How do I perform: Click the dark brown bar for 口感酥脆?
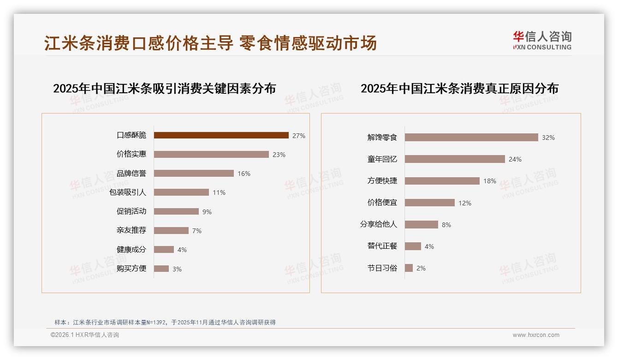pyautogui.click(x=221, y=135)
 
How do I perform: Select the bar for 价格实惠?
pyautogui.click(x=211, y=154)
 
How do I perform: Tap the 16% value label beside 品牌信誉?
pyautogui.click(x=244, y=174)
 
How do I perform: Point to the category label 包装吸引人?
pyautogui.click(x=128, y=192)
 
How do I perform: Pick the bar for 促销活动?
pyautogui.click(x=176, y=211)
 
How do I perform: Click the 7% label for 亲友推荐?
pyautogui.click(x=197, y=231)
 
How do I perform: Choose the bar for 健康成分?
pyautogui.click(x=164, y=250)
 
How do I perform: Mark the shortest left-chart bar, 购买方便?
pyautogui.click(x=161, y=269)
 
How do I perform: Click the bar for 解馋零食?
pyautogui.click(x=471, y=138)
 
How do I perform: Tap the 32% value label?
pyautogui.click(x=548, y=138)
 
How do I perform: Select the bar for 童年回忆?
pyautogui.click(x=455, y=159)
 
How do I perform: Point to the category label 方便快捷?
pyautogui.click(x=382, y=180)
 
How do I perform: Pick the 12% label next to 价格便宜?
pyautogui.click(x=465, y=203)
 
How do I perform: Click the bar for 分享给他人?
pyautogui.click(x=422, y=225)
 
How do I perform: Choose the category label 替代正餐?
pyautogui.click(x=382, y=246)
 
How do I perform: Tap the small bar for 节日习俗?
pyautogui.click(x=409, y=268)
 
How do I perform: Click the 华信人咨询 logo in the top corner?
pyautogui.click(x=542, y=40)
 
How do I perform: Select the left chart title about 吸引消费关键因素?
pyautogui.click(x=164, y=88)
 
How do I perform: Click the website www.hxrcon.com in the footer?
pyautogui.click(x=536, y=335)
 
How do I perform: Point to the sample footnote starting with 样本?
pyautogui.click(x=165, y=322)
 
